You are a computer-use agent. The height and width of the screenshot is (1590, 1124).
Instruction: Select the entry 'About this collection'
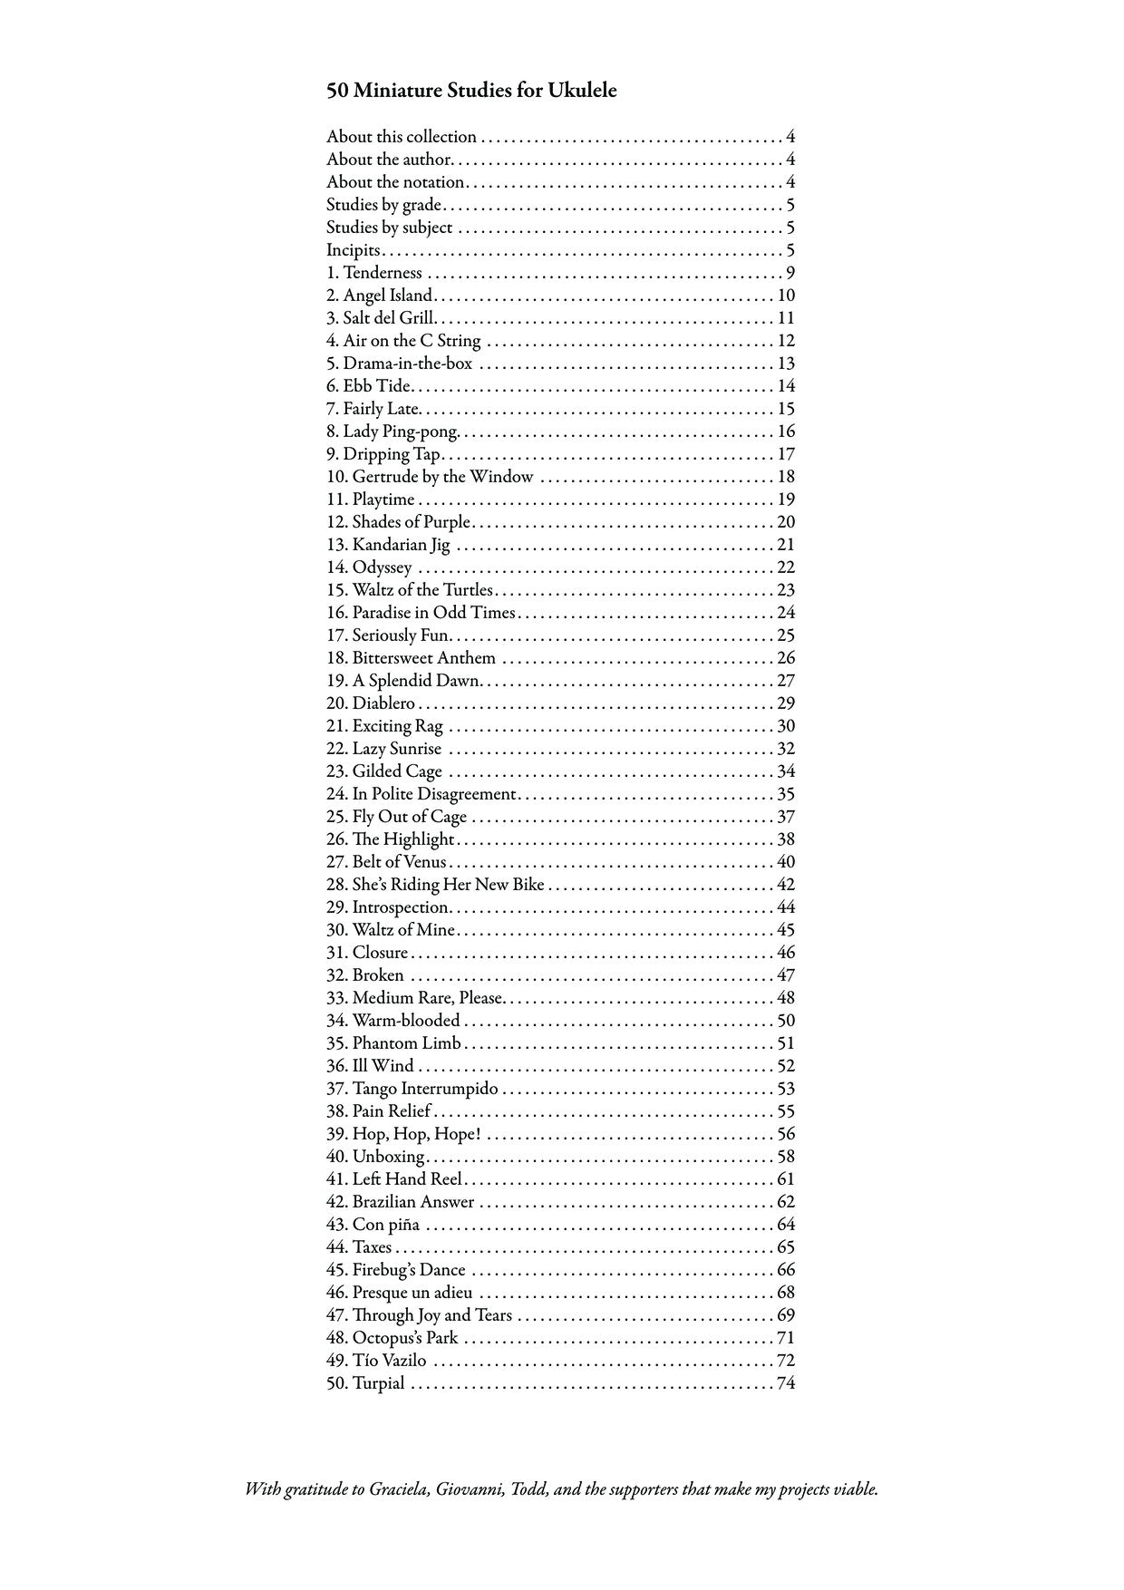click(x=402, y=137)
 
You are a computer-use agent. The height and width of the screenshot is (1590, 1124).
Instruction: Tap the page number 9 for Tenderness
click(x=790, y=273)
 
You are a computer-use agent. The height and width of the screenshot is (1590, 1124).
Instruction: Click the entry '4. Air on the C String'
click(x=403, y=341)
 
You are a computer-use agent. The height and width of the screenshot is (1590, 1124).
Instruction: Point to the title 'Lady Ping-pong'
click(x=400, y=431)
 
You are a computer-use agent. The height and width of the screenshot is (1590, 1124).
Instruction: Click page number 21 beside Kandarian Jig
click(x=786, y=545)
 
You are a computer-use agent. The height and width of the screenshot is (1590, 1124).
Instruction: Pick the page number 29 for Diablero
click(x=786, y=703)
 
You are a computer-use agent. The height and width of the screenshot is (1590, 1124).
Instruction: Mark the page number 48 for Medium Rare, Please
click(x=786, y=998)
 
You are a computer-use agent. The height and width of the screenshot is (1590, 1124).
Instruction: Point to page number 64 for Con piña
click(x=786, y=1225)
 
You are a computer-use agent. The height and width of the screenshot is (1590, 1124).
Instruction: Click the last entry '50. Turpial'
click(x=365, y=1383)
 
